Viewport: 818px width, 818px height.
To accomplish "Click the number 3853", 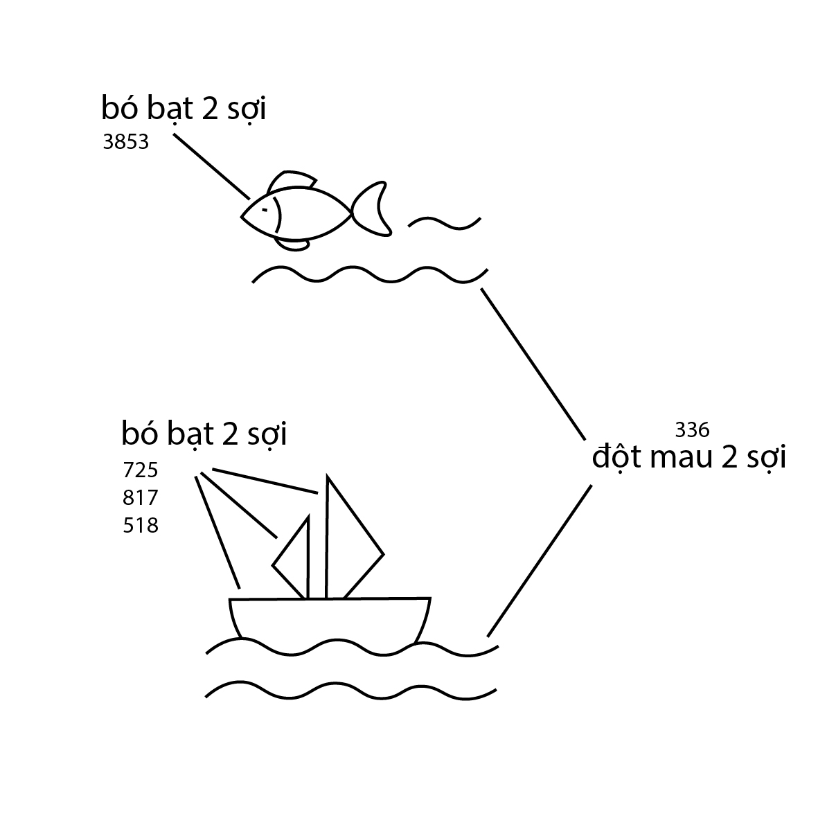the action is click(125, 143).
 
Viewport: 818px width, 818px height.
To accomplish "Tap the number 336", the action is click(692, 430).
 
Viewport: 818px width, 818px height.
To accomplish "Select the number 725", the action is click(141, 470).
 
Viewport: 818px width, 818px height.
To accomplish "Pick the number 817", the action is click(141, 497).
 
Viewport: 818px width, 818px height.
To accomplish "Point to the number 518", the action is click(141, 525).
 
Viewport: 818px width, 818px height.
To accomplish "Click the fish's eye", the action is click(265, 209).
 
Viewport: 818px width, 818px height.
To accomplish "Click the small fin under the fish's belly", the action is click(294, 244).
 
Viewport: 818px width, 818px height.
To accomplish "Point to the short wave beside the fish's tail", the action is click(445, 222).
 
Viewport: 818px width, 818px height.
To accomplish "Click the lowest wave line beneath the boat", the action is click(352, 690).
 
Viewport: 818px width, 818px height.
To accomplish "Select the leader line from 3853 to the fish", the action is click(211, 166).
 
